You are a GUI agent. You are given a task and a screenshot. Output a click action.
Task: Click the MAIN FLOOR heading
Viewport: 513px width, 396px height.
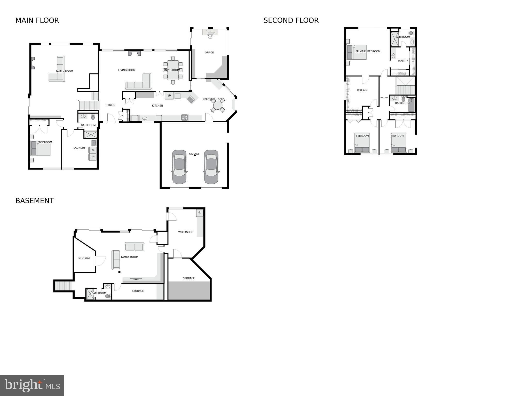37,20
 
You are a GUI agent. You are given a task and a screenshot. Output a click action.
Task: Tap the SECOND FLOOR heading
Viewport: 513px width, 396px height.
291,20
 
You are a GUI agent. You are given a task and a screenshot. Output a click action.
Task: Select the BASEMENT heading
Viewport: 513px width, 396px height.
35,201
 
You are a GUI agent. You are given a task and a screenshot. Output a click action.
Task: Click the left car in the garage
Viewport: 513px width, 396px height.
179,167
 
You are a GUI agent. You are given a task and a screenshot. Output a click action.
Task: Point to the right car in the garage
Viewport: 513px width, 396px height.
211,167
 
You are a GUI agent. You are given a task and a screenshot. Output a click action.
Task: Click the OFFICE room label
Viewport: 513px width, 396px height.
209,52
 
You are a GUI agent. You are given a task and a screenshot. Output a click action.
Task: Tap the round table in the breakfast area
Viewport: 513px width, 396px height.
218,106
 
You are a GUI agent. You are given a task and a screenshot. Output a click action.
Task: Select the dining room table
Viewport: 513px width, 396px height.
173,70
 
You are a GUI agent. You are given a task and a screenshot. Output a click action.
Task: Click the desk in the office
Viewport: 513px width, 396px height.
210,32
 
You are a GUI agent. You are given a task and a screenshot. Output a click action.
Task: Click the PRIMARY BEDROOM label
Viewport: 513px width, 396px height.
368,51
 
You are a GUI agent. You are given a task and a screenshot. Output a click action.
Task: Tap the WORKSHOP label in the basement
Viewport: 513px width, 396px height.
186,232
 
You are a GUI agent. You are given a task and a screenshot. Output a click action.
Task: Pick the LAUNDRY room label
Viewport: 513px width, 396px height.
79,148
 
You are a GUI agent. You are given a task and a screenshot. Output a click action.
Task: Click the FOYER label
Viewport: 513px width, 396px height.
111,105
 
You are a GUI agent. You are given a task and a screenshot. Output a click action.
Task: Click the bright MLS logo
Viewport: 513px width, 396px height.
32,385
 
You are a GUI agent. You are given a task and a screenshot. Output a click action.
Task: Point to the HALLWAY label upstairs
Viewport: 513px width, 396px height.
384,98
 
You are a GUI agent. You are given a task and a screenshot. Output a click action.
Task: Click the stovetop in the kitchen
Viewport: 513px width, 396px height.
184,118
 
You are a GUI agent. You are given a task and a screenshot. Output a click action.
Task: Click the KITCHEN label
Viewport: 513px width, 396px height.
157,106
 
